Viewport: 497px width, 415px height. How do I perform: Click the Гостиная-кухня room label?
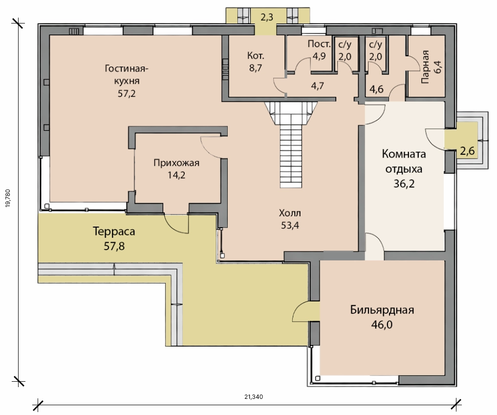tap(127, 74)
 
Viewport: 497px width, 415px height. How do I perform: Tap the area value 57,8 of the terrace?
tap(114, 246)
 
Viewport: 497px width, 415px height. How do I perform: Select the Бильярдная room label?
tap(382, 310)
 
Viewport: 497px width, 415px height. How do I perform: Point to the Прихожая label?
tap(176, 163)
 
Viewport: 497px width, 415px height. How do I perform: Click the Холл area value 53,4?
tap(290, 225)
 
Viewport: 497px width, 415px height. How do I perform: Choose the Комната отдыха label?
tap(404, 161)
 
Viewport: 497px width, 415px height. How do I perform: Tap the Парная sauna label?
tap(425, 67)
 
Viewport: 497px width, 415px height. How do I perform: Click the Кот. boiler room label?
tap(256, 56)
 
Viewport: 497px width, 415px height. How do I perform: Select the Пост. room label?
tap(319, 44)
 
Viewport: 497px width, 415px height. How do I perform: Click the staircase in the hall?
tap(291, 144)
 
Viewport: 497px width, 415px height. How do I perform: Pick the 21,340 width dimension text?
tap(254, 396)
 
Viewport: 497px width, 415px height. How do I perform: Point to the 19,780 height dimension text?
tap(8, 198)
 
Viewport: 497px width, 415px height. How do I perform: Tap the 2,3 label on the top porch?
tap(266, 17)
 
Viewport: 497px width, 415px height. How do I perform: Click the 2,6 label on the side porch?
tap(467, 151)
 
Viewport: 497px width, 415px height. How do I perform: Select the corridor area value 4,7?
tap(317, 86)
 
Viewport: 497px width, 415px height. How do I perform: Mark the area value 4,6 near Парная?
tap(377, 89)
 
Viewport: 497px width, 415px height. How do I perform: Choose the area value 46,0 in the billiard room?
tap(382, 324)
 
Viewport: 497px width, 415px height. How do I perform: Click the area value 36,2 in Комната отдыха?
tap(404, 184)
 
